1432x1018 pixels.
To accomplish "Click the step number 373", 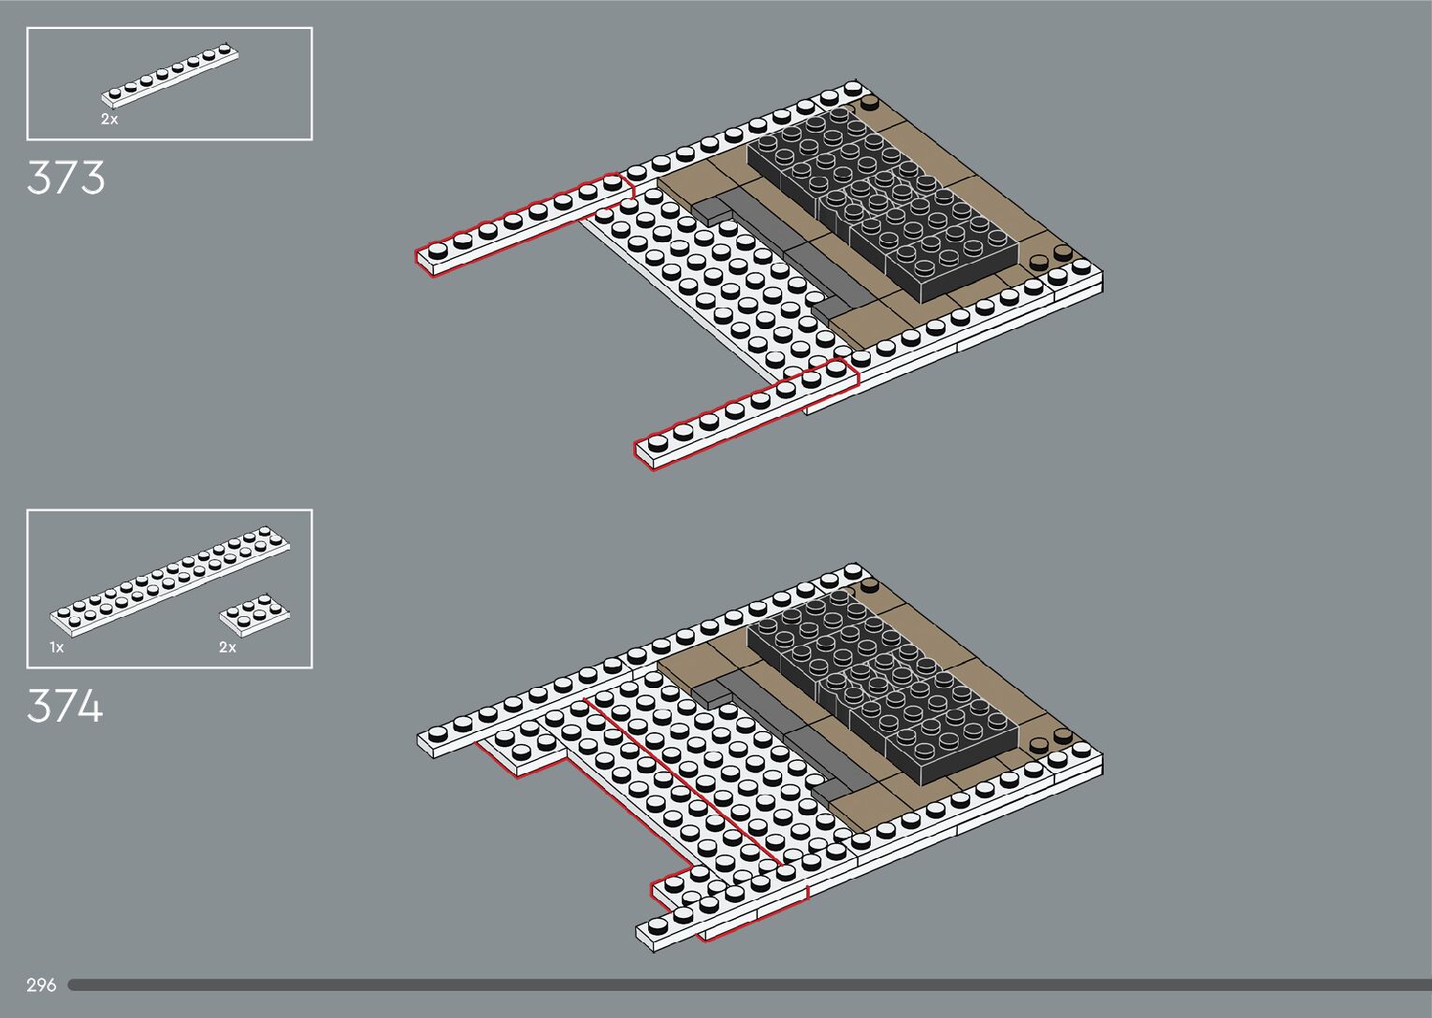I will [x=65, y=178].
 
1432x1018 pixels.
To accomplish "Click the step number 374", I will [x=65, y=707].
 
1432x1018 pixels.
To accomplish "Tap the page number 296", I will [x=41, y=985].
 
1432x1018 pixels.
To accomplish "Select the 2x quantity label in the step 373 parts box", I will [x=109, y=120].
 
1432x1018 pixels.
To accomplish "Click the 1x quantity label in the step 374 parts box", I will [x=57, y=647].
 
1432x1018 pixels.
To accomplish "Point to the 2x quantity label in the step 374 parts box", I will [x=227, y=647].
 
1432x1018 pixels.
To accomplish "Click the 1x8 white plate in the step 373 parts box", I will [x=170, y=72].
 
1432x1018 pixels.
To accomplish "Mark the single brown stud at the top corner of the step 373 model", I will [x=871, y=102].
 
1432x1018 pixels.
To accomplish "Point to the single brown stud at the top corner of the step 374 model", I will [x=871, y=586].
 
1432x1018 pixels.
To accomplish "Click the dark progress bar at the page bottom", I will [x=748, y=985].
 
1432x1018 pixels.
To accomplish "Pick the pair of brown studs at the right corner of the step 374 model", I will [x=1050, y=741].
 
